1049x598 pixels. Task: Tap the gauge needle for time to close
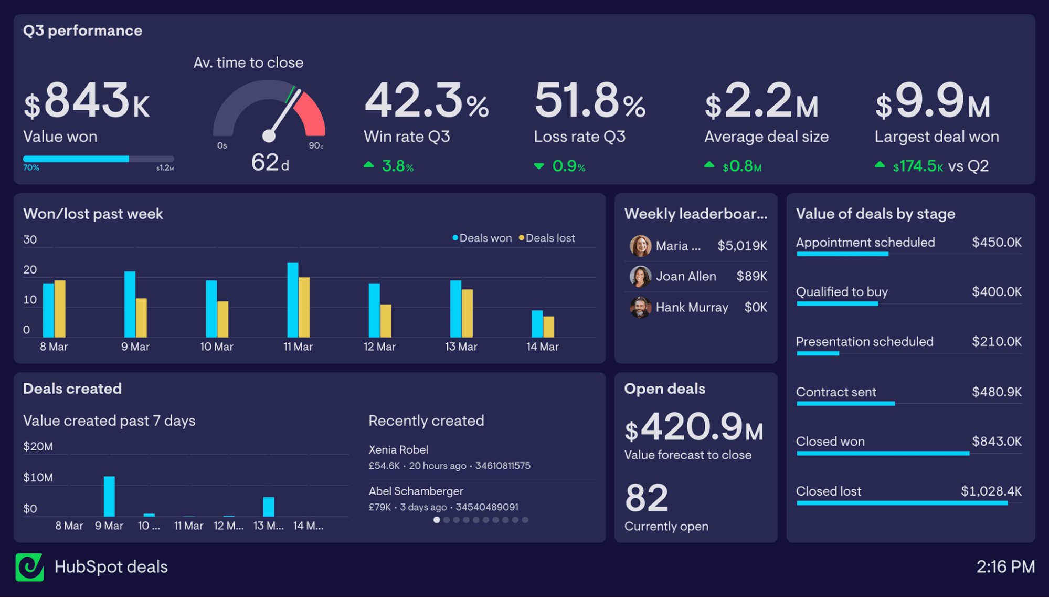click(284, 114)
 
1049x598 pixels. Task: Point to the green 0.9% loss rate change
click(568, 166)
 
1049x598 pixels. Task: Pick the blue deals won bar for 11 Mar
click(293, 299)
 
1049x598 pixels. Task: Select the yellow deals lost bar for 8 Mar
click(60, 309)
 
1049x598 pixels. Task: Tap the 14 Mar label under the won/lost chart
click(543, 347)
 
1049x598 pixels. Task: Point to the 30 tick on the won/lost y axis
click(30, 240)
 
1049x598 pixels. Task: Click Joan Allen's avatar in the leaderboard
click(640, 277)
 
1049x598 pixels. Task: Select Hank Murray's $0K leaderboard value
click(756, 307)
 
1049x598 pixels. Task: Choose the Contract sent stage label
click(836, 392)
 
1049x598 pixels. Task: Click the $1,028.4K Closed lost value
click(991, 491)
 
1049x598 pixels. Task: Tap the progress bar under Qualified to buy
click(837, 303)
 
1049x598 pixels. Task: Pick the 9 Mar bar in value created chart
click(109, 496)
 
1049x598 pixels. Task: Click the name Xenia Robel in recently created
click(398, 450)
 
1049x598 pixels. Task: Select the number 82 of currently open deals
click(647, 498)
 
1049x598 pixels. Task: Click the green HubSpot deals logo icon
click(29, 567)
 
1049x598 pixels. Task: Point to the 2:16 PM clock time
click(1005, 567)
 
